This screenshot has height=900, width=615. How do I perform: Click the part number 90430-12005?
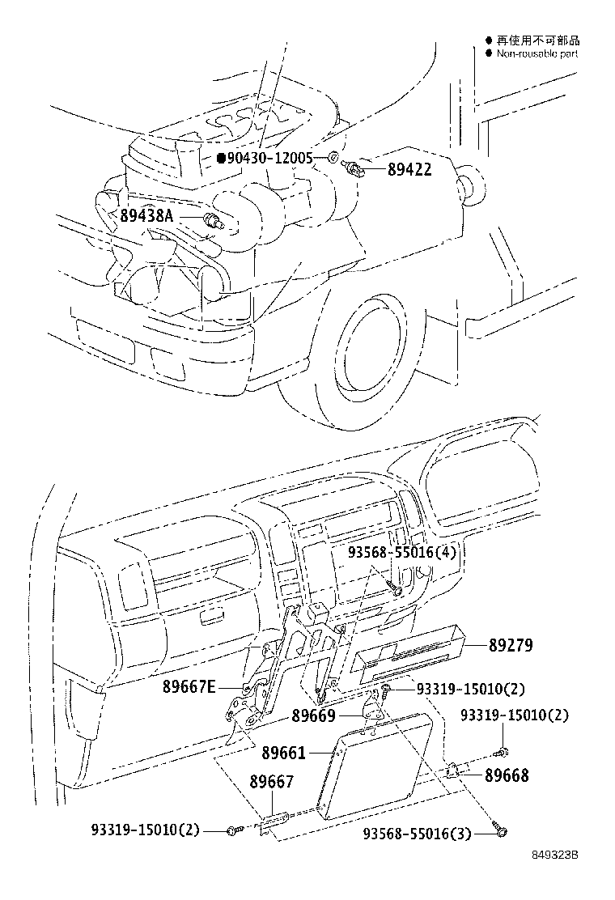point(269,158)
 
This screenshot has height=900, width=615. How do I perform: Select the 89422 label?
point(409,170)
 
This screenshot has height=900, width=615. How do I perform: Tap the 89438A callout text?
point(146,216)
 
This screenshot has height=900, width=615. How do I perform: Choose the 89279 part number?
point(511,645)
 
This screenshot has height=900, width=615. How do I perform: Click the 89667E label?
point(189,686)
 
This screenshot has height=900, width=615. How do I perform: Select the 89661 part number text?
point(283,754)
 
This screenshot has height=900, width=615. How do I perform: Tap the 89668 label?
point(507,775)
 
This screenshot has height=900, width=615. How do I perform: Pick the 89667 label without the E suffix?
point(271,782)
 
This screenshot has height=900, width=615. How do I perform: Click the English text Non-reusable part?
point(537,53)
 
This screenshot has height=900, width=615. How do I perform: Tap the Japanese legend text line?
point(537,40)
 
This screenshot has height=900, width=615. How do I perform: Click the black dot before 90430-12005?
point(220,158)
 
